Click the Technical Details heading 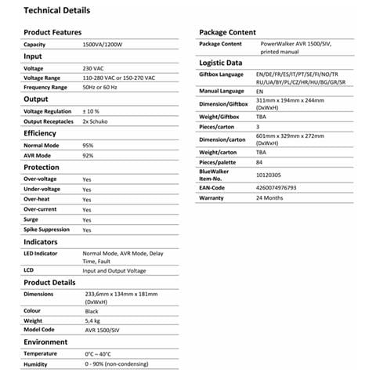56,11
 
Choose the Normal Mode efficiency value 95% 89,146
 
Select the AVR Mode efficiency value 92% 89,156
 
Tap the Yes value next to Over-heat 87,199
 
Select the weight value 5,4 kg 92,320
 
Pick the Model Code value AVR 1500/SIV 103,330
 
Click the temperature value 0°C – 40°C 99,354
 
